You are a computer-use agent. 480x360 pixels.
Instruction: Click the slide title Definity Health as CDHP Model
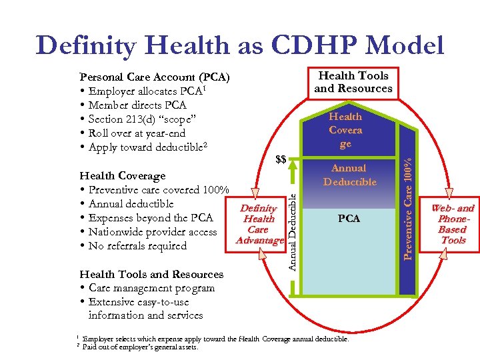tap(240, 45)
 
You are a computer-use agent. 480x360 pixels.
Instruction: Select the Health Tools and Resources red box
tap(353, 82)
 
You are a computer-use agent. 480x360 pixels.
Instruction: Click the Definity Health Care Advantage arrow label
tap(259, 224)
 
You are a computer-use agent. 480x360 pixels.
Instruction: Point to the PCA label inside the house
tap(349, 219)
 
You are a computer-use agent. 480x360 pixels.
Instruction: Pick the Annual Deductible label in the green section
tap(349, 175)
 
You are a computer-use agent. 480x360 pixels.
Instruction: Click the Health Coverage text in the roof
tap(345, 130)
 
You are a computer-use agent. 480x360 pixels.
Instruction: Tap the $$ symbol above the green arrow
tap(281, 159)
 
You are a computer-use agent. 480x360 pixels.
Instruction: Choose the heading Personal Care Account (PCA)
tap(154, 77)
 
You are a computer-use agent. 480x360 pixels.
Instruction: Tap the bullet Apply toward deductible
tap(143, 147)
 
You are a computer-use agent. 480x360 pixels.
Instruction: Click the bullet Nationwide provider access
tap(148, 232)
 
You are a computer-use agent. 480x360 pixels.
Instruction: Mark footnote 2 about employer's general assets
tap(140, 347)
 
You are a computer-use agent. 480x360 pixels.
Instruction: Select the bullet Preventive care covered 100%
tap(154, 190)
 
